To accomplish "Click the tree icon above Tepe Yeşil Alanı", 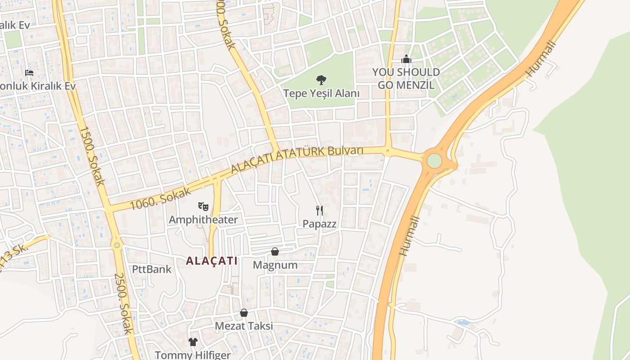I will [321, 80].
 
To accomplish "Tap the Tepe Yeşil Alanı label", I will [321, 94].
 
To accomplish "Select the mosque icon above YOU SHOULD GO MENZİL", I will [406, 59].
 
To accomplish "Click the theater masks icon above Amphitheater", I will [203, 207].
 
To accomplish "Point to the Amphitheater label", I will [203, 220].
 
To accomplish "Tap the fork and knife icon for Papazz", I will [319, 210].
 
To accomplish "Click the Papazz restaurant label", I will [319, 224].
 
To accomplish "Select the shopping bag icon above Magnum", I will [275, 252].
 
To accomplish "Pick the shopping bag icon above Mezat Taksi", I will [244, 313].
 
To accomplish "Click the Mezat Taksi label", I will [244, 326].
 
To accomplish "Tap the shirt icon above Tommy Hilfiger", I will [193, 342].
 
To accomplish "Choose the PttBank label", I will [152, 269].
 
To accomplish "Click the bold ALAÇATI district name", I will [211, 261].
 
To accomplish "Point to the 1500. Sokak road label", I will [92, 156].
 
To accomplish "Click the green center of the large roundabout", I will [434, 161].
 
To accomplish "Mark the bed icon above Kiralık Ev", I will [29, 72].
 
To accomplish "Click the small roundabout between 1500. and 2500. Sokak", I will [117, 245].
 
